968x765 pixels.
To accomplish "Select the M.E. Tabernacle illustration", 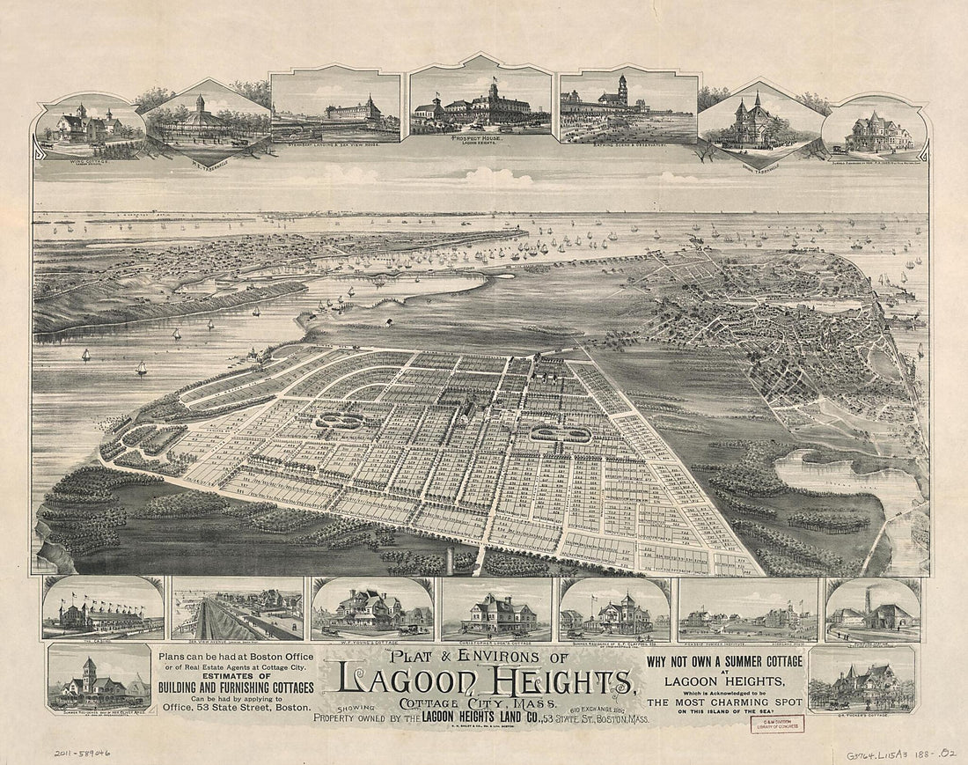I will (208, 121).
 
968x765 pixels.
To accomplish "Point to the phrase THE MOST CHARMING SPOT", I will (725, 702).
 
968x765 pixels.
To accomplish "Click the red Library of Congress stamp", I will (777, 724).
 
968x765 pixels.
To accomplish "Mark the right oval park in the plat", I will (560, 433).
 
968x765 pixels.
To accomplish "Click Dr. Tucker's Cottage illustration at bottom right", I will (862, 679).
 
